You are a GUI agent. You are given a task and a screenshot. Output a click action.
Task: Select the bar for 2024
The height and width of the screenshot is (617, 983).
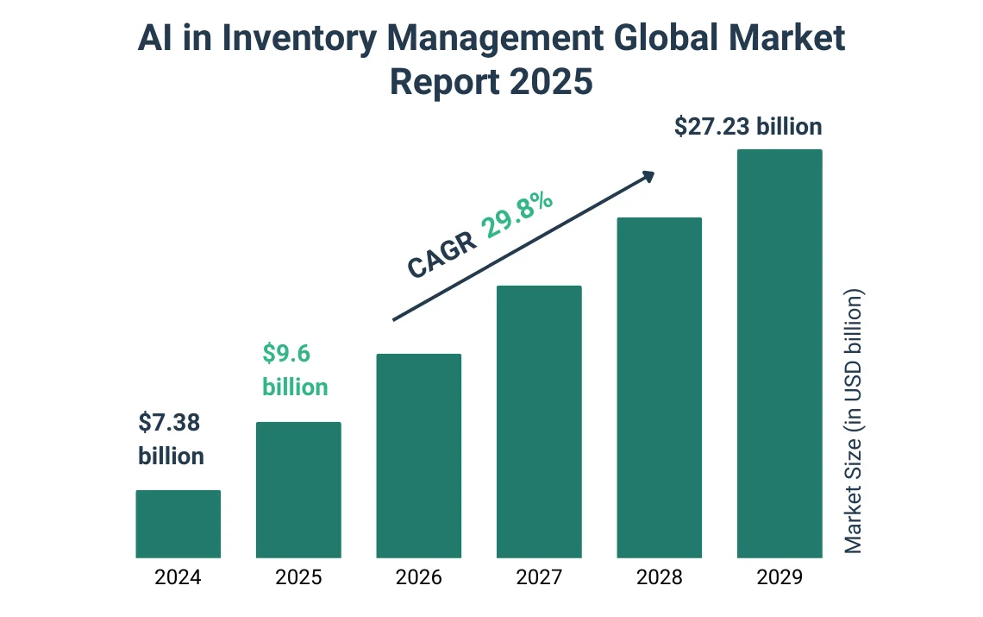(178, 524)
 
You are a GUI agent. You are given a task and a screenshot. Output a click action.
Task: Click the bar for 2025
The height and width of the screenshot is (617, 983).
(298, 490)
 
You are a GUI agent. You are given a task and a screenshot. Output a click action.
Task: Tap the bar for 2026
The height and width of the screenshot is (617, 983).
(419, 456)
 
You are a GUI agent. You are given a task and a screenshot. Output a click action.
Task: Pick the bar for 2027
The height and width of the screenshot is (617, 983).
(539, 422)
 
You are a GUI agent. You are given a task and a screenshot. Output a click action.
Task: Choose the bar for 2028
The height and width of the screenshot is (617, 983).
(660, 387)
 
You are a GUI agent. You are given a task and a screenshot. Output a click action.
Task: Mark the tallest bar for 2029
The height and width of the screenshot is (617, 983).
(780, 354)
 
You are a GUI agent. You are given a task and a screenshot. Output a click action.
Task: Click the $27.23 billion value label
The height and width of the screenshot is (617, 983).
(748, 127)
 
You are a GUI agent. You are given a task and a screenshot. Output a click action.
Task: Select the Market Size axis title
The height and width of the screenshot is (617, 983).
(853, 421)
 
